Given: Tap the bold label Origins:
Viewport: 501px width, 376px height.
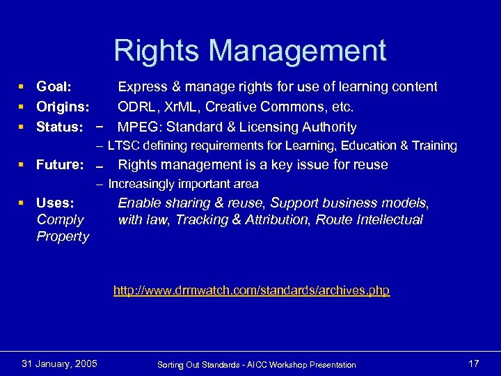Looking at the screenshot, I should pos(63,107).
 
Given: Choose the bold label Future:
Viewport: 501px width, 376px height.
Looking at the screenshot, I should pos(61,165).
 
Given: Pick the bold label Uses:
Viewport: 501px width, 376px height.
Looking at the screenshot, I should pos(55,203).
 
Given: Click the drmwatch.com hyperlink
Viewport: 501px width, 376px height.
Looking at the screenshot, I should pos(251,290).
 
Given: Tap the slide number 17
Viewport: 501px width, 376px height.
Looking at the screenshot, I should pos(474,363).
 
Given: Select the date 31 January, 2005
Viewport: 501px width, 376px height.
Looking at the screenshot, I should pos(60,363).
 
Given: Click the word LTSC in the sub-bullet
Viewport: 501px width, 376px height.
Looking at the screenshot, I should pos(122,146).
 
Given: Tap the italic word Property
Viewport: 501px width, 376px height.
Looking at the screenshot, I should pos(63,237).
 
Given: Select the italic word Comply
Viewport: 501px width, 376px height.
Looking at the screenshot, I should pos(60,220).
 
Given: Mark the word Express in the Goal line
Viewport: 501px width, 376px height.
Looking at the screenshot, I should pos(142,87).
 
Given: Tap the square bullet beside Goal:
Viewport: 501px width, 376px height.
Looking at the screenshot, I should pos(24,88).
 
